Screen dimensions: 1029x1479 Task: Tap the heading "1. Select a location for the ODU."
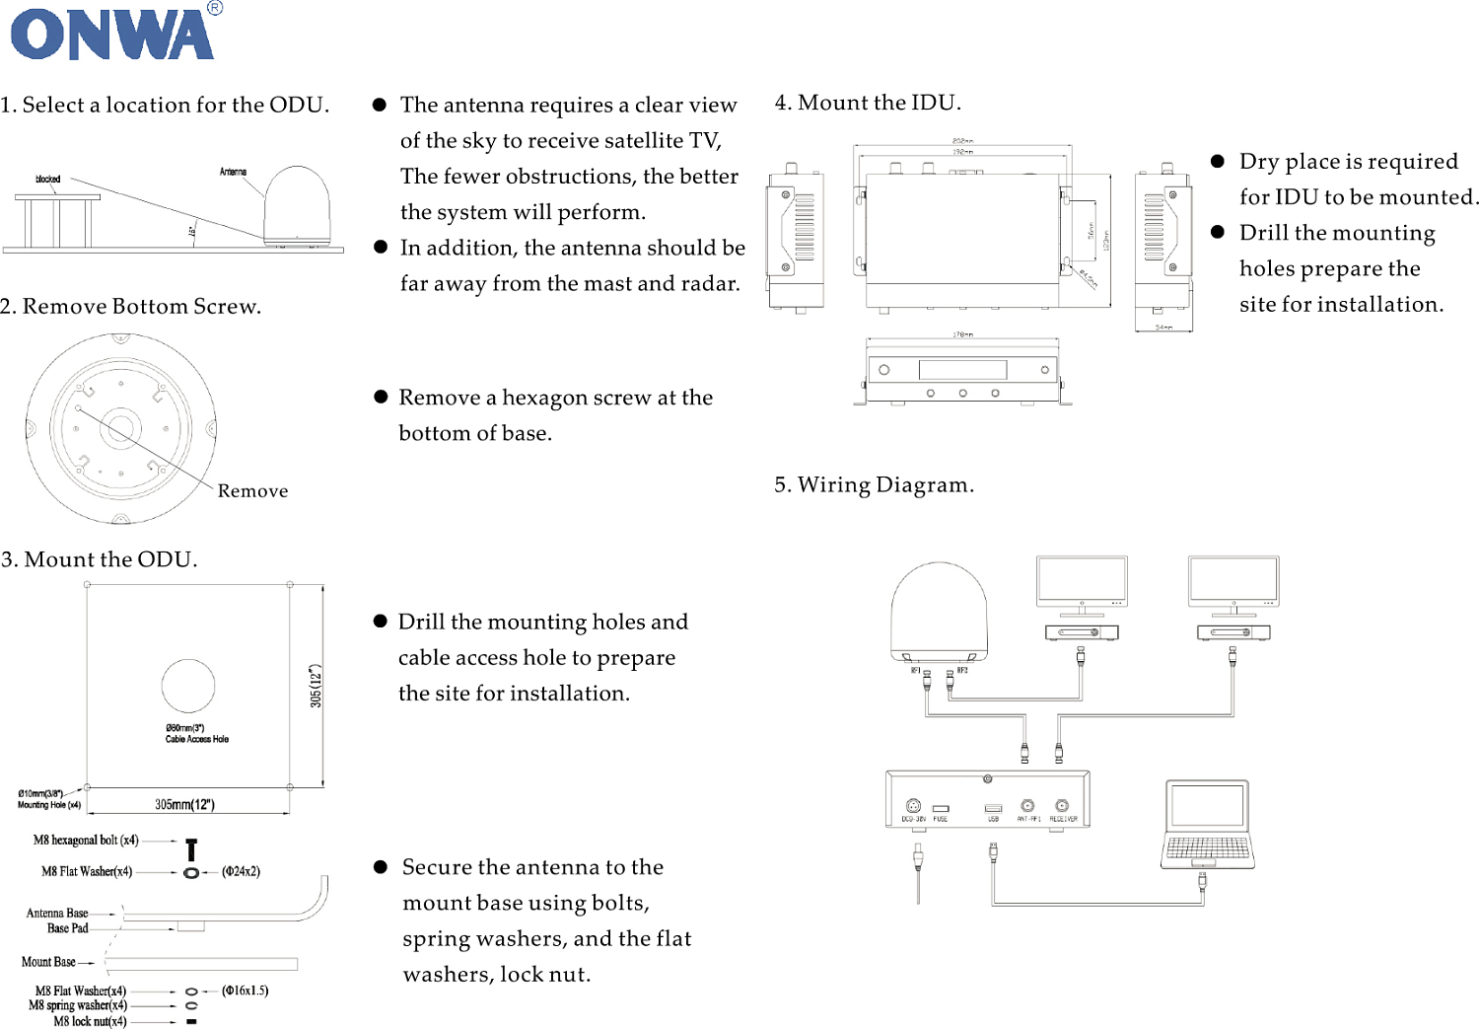pyautogui.click(x=165, y=105)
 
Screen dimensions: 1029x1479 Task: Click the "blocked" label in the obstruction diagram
pyautogui.click(x=47, y=180)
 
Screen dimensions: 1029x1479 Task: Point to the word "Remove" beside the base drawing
pyautogui.click(x=252, y=491)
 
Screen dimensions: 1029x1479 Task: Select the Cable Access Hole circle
pyautogui.click(x=188, y=686)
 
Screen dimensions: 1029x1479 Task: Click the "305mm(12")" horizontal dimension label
pyautogui.click(x=184, y=804)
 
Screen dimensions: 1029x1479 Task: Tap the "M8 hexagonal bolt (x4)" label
pyautogui.click(x=86, y=841)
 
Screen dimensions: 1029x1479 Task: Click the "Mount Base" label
pyautogui.click(x=48, y=962)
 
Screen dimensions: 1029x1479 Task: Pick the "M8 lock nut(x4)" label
pyautogui.click(x=90, y=1021)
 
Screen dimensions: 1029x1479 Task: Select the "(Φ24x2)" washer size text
pyautogui.click(x=241, y=871)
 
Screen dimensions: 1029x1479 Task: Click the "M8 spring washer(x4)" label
pyautogui.click(x=78, y=1005)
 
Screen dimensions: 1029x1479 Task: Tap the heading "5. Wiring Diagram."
pyautogui.click(x=874, y=484)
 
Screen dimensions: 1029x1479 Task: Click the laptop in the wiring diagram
pyautogui.click(x=1208, y=824)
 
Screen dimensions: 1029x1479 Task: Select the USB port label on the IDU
pyautogui.click(x=993, y=819)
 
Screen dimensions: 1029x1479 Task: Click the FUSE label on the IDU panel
pyautogui.click(x=941, y=819)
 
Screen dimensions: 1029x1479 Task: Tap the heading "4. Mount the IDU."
pyautogui.click(x=868, y=103)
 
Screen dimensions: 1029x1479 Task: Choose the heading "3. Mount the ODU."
pyautogui.click(x=100, y=559)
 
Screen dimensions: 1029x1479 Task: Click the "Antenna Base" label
pyautogui.click(x=57, y=914)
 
